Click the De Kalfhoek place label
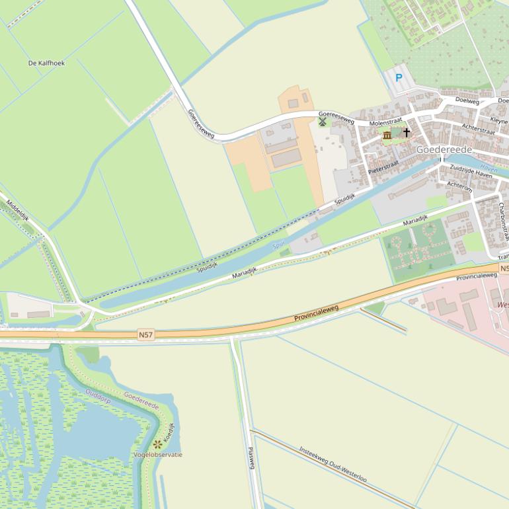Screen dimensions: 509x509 [x=46, y=63]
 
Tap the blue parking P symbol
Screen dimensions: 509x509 [x=399, y=78]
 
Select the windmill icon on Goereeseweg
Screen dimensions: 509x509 [x=323, y=122]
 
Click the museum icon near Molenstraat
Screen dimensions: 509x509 [x=387, y=135]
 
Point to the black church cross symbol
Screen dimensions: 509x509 [x=407, y=133]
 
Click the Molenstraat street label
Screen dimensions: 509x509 [x=385, y=124]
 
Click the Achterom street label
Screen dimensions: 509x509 [x=459, y=186]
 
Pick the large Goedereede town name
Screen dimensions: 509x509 [x=444, y=150]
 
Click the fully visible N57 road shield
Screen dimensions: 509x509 [x=146, y=335]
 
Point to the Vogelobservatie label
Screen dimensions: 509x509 [x=157, y=455]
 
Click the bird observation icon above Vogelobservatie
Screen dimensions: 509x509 [x=157, y=444]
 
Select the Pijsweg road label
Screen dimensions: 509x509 [x=251, y=457]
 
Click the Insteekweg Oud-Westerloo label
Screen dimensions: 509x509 [x=333, y=463]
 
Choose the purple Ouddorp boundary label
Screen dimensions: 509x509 [x=98, y=396]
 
